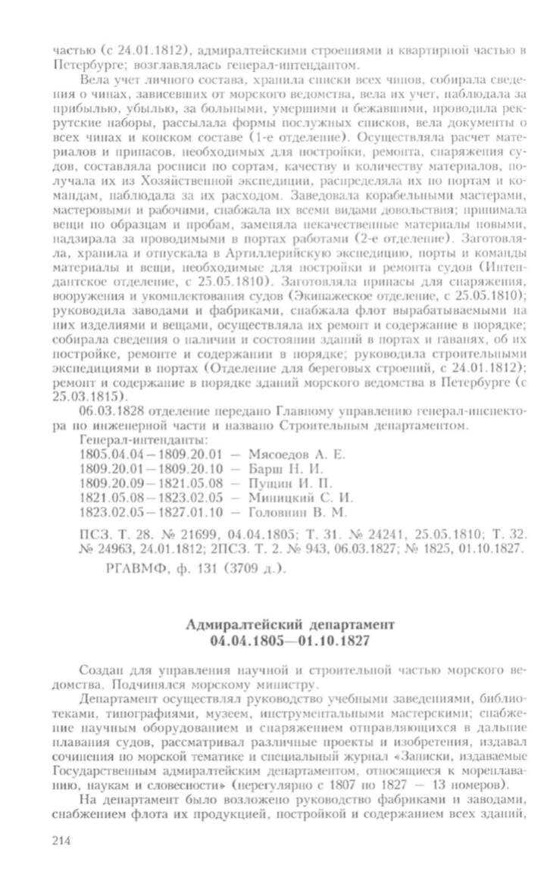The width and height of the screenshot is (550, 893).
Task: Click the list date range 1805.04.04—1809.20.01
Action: click(x=148, y=454)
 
